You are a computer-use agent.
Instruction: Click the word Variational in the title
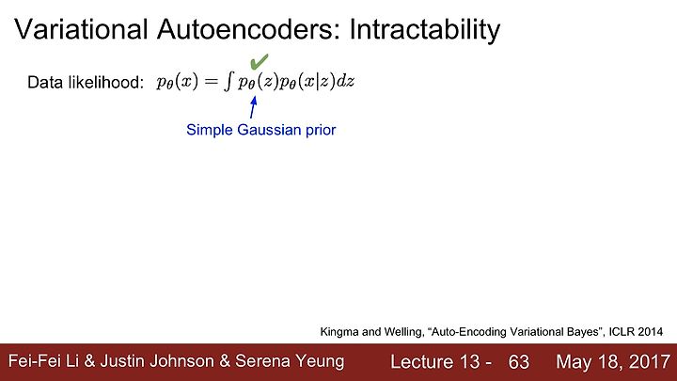tap(81, 29)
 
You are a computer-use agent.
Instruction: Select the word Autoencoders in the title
tap(248, 29)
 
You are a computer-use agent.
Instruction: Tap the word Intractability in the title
tap(425, 30)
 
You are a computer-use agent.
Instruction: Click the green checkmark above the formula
tap(260, 61)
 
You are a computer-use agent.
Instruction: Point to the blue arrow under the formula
tap(254, 106)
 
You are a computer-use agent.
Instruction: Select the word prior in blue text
tap(321, 130)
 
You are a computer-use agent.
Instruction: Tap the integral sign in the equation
tap(228, 82)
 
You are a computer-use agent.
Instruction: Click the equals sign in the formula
tap(212, 81)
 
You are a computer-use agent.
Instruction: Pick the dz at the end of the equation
tap(345, 81)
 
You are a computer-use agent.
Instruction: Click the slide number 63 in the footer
tap(518, 362)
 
